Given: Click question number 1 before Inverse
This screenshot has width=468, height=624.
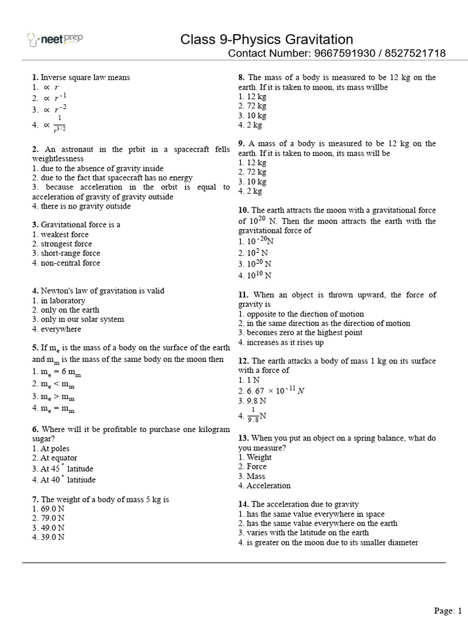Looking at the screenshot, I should [35, 77].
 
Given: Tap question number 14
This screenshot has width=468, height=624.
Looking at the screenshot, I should [243, 504].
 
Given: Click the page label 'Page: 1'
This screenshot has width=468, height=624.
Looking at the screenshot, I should [448, 610].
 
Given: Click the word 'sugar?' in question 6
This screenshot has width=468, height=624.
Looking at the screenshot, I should [44, 439].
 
